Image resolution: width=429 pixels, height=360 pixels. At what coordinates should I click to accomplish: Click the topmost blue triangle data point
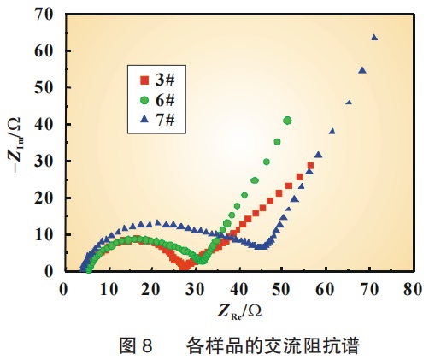point(374,38)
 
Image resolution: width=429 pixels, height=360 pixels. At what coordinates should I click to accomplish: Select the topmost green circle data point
point(287,121)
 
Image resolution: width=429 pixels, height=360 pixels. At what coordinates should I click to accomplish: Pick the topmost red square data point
point(310,166)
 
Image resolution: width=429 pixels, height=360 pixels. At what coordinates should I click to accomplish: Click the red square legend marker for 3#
point(144,80)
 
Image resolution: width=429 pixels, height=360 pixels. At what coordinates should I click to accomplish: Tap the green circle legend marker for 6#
point(144,100)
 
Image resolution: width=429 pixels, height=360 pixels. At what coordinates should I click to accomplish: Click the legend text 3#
point(165,80)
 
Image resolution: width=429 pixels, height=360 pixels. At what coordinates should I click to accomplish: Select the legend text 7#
point(165,120)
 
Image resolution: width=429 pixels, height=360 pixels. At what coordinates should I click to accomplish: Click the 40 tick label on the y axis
point(44,124)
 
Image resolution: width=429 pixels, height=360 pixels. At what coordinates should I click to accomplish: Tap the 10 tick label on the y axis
point(44,234)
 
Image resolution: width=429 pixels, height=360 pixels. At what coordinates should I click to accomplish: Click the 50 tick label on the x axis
point(281,289)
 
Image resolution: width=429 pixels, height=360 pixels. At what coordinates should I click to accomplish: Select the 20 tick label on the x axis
point(151,289)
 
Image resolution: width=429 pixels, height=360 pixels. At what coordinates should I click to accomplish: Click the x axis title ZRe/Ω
point(239,311)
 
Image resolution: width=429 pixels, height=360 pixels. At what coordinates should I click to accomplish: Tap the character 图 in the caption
point(127,345)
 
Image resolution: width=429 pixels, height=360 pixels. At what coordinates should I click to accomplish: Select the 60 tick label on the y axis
point(44,50)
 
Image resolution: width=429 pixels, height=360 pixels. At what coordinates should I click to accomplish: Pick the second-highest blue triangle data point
point(362,70)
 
